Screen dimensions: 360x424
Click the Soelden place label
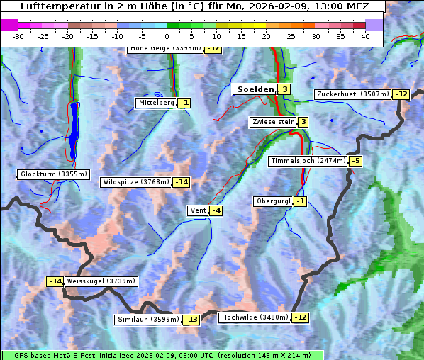[254, 89]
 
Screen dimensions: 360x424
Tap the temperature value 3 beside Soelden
[284, 89]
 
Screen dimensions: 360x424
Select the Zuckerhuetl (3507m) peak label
[353, 94]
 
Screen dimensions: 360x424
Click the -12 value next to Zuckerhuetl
[402, 94]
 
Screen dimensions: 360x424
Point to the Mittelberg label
[156, 103]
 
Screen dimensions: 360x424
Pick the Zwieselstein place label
[273, 122]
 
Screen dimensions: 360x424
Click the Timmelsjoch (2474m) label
[308, 161]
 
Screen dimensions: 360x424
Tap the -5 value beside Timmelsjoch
[355, 161]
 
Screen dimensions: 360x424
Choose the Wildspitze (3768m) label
[136, 182]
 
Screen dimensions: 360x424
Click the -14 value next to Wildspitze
[182, 182]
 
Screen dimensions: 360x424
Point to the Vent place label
[198, 210]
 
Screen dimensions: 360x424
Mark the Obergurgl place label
[273, 201]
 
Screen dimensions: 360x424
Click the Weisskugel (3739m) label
[101, 281]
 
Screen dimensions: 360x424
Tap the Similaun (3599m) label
[148, 320]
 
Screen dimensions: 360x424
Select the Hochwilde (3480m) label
[255, 317]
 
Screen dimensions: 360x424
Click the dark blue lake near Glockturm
[74, 131]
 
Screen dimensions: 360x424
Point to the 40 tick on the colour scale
[365, 36]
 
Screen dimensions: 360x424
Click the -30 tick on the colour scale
[18, 36]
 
